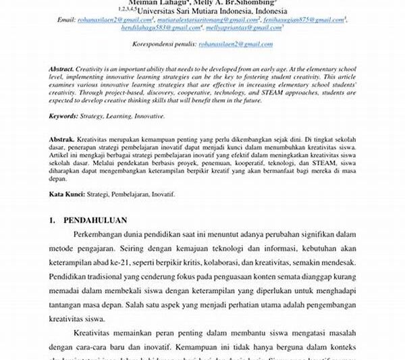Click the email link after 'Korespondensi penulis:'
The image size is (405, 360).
pos(236,44)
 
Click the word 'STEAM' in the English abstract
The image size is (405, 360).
pos(259,93)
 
